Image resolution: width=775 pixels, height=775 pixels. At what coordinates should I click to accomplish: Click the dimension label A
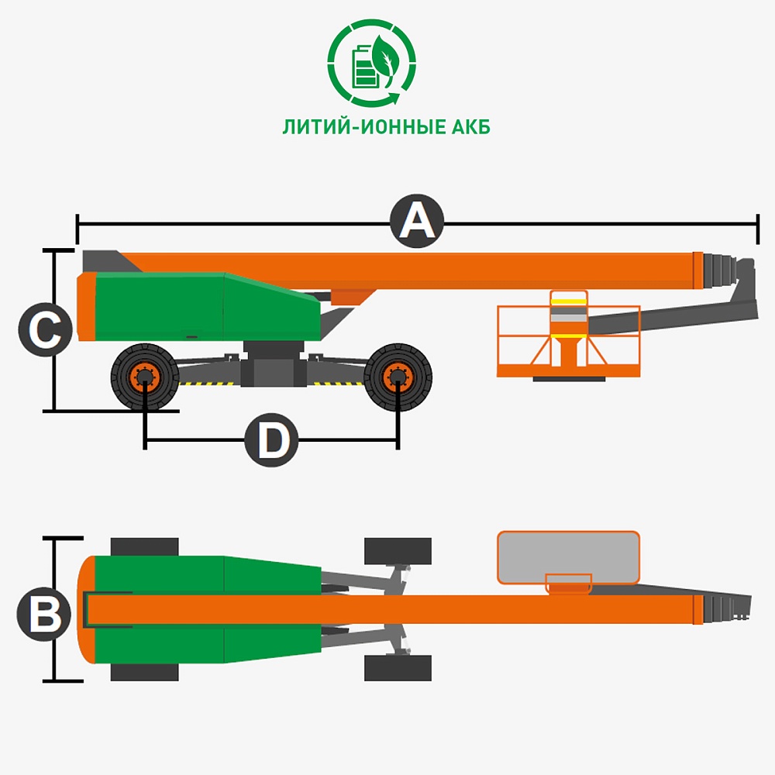[x=417, y=221]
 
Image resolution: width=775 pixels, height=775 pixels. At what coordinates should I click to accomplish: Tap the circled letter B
[x=44, y=615]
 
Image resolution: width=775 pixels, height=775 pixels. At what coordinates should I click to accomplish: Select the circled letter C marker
[x=46, y=329]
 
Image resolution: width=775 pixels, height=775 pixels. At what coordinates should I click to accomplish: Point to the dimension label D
[x=271, y=440]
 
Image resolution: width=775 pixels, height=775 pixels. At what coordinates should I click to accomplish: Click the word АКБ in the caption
[x=470, y=127]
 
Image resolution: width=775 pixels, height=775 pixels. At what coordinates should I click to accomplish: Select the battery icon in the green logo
[x=363, y=66]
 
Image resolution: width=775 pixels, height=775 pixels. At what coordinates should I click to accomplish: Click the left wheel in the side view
[x=145, y=377]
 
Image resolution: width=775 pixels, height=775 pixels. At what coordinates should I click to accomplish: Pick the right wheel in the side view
[x=398, y=377]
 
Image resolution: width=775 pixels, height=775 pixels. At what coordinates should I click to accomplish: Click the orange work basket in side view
[x=568, y=335]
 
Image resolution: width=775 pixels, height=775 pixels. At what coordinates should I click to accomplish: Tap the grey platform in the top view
[x=568, y=557]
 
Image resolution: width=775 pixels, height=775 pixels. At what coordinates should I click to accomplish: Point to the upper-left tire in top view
[x=144, y=546]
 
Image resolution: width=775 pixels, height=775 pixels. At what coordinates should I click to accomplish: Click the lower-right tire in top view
[x=398, y=668]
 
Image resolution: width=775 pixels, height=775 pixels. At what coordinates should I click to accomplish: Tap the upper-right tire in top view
[x=398, y=551]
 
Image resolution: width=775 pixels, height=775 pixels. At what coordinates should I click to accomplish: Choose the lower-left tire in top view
[x=144, y=672]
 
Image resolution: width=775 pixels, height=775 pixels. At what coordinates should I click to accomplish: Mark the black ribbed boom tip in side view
[x=720, y=270]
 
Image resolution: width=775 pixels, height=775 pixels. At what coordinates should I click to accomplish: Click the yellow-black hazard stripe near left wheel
[x=208, y=383]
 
